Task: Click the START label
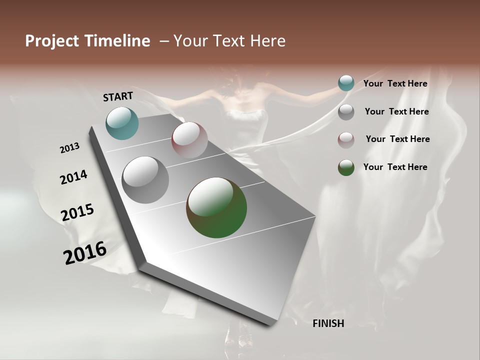click(118, 96)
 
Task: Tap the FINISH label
click(328, 323)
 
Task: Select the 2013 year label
click(70, 148)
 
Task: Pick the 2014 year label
click(73, 177)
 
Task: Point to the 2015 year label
click(77, 212)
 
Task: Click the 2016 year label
click(85, 253)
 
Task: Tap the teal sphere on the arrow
click(122, 123)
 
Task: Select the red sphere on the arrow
click(189, 140)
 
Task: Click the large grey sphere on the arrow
click(145, 180)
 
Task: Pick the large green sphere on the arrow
click(216, 207)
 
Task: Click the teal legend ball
click(346, 83)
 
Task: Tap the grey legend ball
click(346, 112)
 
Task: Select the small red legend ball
click(346, 140)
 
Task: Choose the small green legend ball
click(346, 167)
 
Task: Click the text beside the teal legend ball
click(395, 84)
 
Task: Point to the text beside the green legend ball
click(395, 167)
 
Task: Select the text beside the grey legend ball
click(396, 111)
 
